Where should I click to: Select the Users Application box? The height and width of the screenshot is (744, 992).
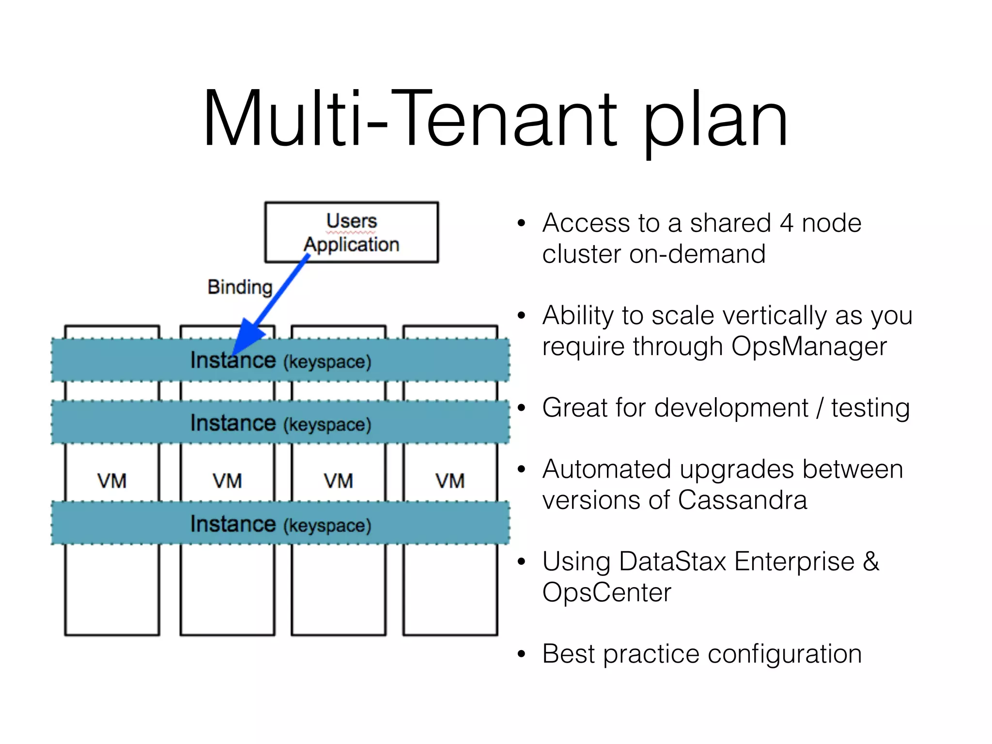pyautogui.click(x=351, y=232)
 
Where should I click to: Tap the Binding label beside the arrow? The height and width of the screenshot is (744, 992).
pyautogui.click(x=240, y=287)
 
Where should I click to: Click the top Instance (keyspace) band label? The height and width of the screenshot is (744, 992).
pyautogui.click(x=280, y=361)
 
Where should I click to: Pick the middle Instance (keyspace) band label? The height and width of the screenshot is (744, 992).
pyautogui.click(x=280, y=423)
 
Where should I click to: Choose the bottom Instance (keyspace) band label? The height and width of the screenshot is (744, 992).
pyautogui.click(x=280, y=524)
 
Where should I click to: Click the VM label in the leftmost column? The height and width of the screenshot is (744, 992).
pyautogui.click(x=112, y=481)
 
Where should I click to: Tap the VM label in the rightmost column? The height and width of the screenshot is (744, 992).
pyautogui.click(x=450, y=481)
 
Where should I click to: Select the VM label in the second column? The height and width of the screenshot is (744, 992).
pyautogui.click(x=227, y=481)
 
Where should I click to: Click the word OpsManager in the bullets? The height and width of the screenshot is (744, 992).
pyautogui.click(x=809, y=347)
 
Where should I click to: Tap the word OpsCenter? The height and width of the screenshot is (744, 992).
pyautogui.click(x=606, y=592)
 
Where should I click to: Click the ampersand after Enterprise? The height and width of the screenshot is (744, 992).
pyautogui.click(x=870, y=562)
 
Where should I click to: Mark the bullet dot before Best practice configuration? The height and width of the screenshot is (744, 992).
pyautogui.click(x=521, y=654)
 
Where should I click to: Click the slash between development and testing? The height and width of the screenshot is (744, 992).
pyautogui.click(x=820, y=408)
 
